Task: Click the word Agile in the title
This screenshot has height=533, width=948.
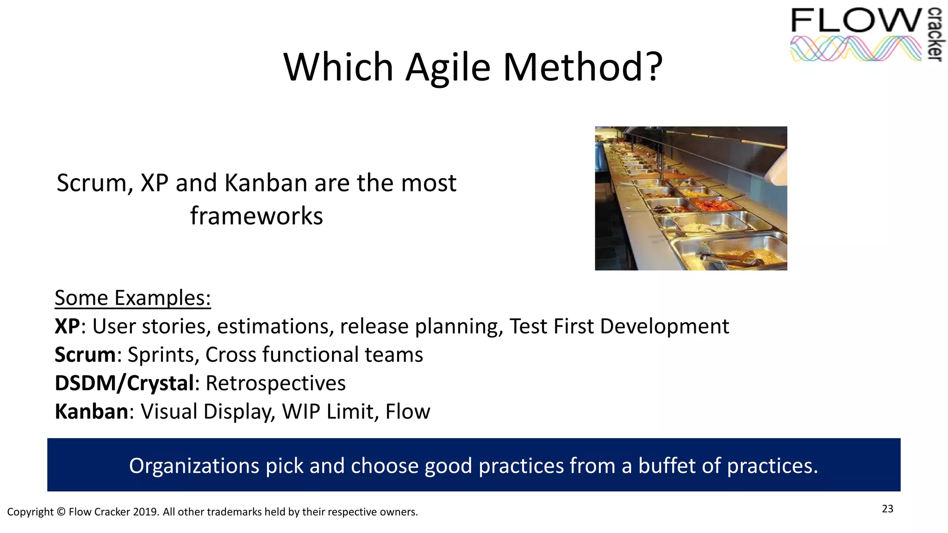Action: point(448,68)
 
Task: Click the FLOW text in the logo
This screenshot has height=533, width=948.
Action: point(856,21)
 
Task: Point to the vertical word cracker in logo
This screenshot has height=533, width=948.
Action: point(935,35)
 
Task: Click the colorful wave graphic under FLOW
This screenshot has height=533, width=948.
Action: point(855,49)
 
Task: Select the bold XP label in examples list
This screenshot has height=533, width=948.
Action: point(67,327)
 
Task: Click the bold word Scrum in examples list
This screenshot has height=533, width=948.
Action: point(85,355)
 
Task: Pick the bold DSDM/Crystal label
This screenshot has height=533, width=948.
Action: point(124,384)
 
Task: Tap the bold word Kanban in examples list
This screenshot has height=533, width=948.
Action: point(92,412)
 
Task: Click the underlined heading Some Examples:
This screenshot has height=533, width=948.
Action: point(132,298)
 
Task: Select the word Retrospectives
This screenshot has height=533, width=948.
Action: point(275,384)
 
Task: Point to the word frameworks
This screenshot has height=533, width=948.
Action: point(256,216)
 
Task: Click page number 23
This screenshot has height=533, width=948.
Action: point(887,509)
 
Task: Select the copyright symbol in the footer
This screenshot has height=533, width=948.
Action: point(61,512)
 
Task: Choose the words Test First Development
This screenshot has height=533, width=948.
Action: point(619,327)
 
